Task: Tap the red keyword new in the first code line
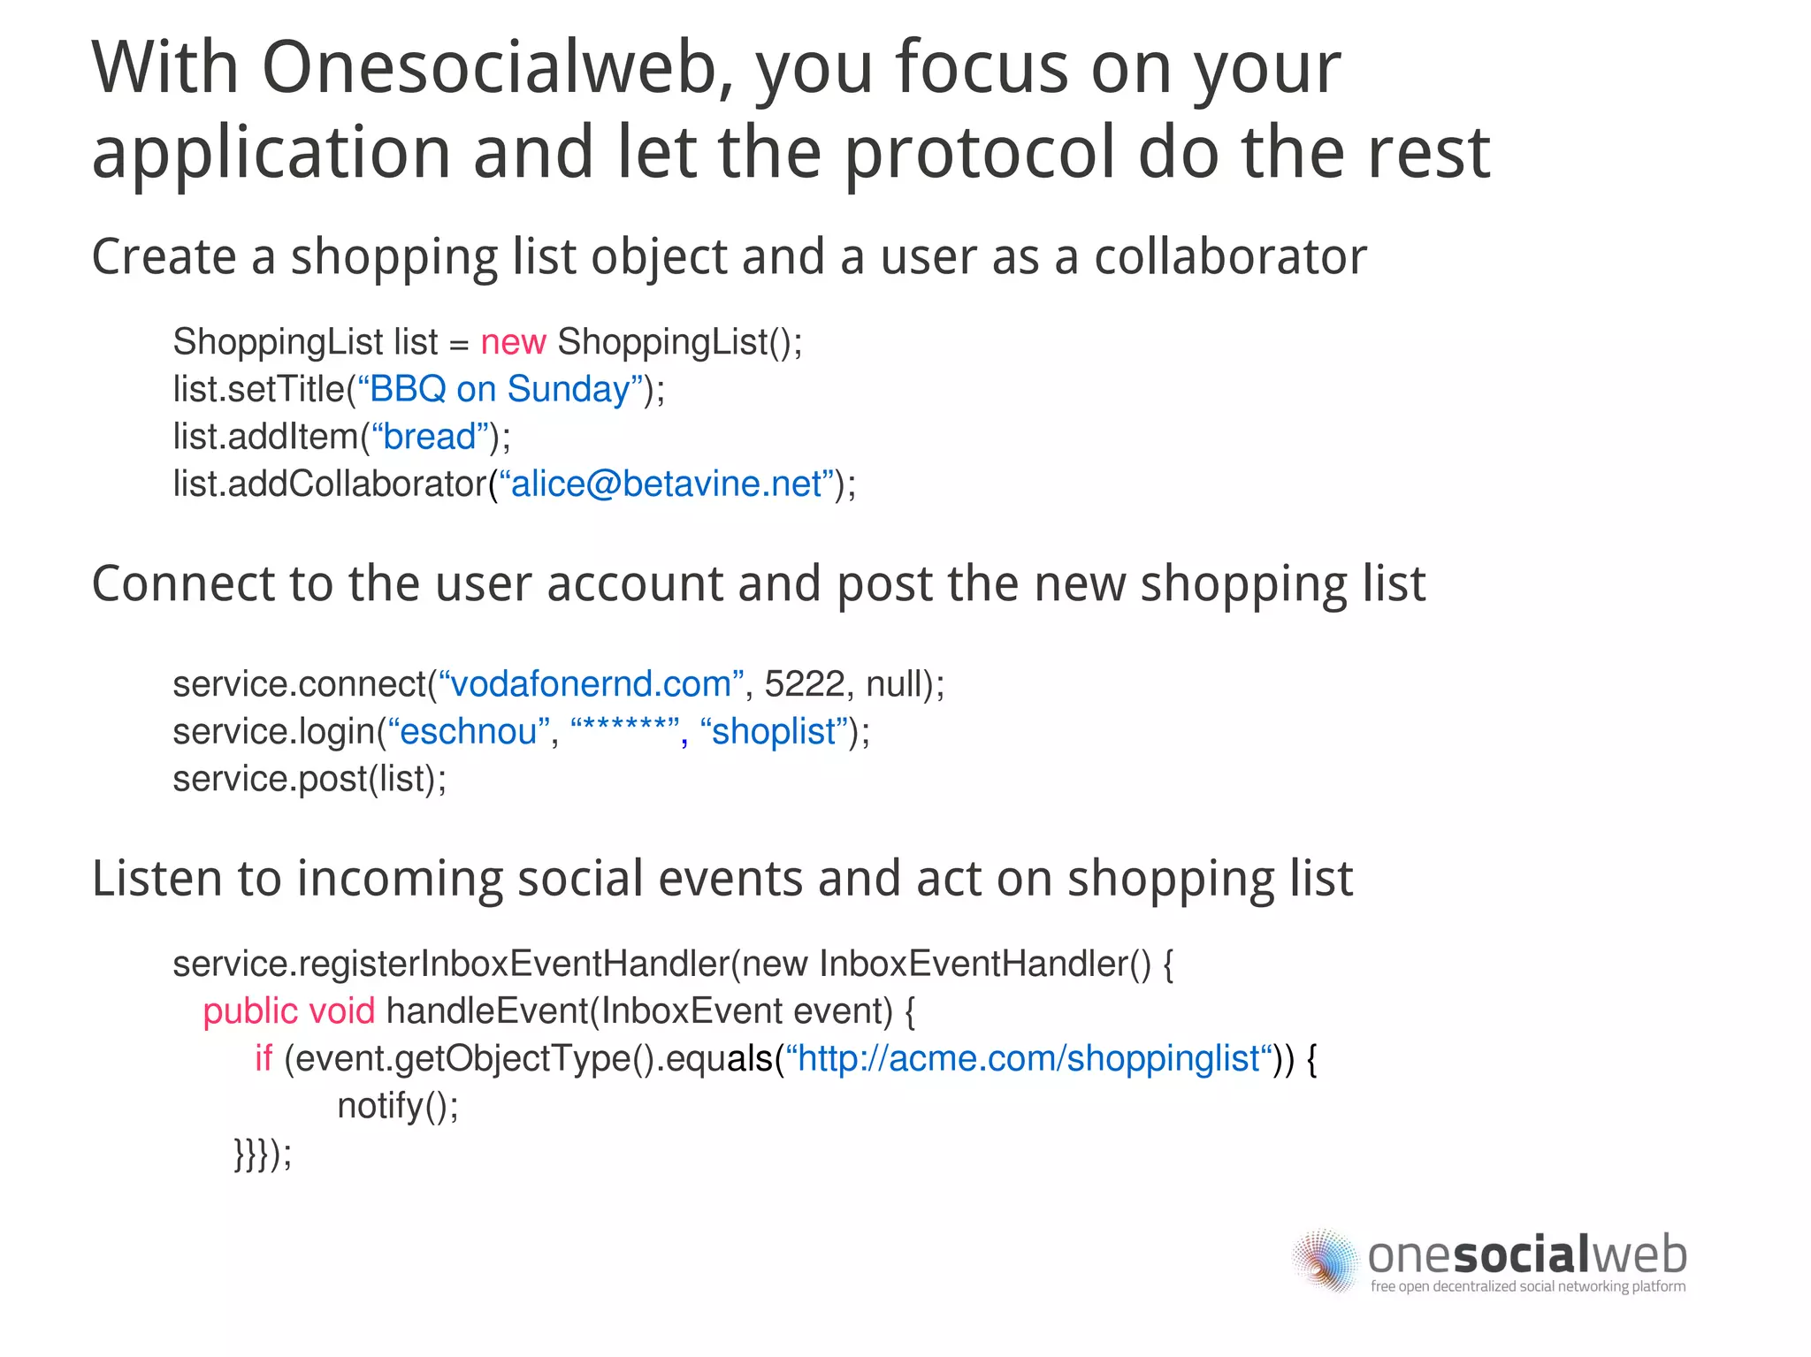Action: point(513,342)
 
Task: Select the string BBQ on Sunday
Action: point(500,389)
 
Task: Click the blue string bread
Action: point(430,437)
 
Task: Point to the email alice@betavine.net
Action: point(667,484)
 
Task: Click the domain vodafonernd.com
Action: point(591,684)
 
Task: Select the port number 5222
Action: point(804,684)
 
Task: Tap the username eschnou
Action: point(469,732)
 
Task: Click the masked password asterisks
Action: point(624,730)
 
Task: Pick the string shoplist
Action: point(774,732)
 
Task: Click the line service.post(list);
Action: point(309,779)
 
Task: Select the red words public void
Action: point(288,1011)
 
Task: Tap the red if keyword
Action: point(264,1058)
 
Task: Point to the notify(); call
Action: point(398,1106)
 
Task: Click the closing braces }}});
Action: point(263,1154)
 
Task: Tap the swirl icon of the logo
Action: point(1324,1262)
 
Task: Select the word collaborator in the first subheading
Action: point(1230,257)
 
